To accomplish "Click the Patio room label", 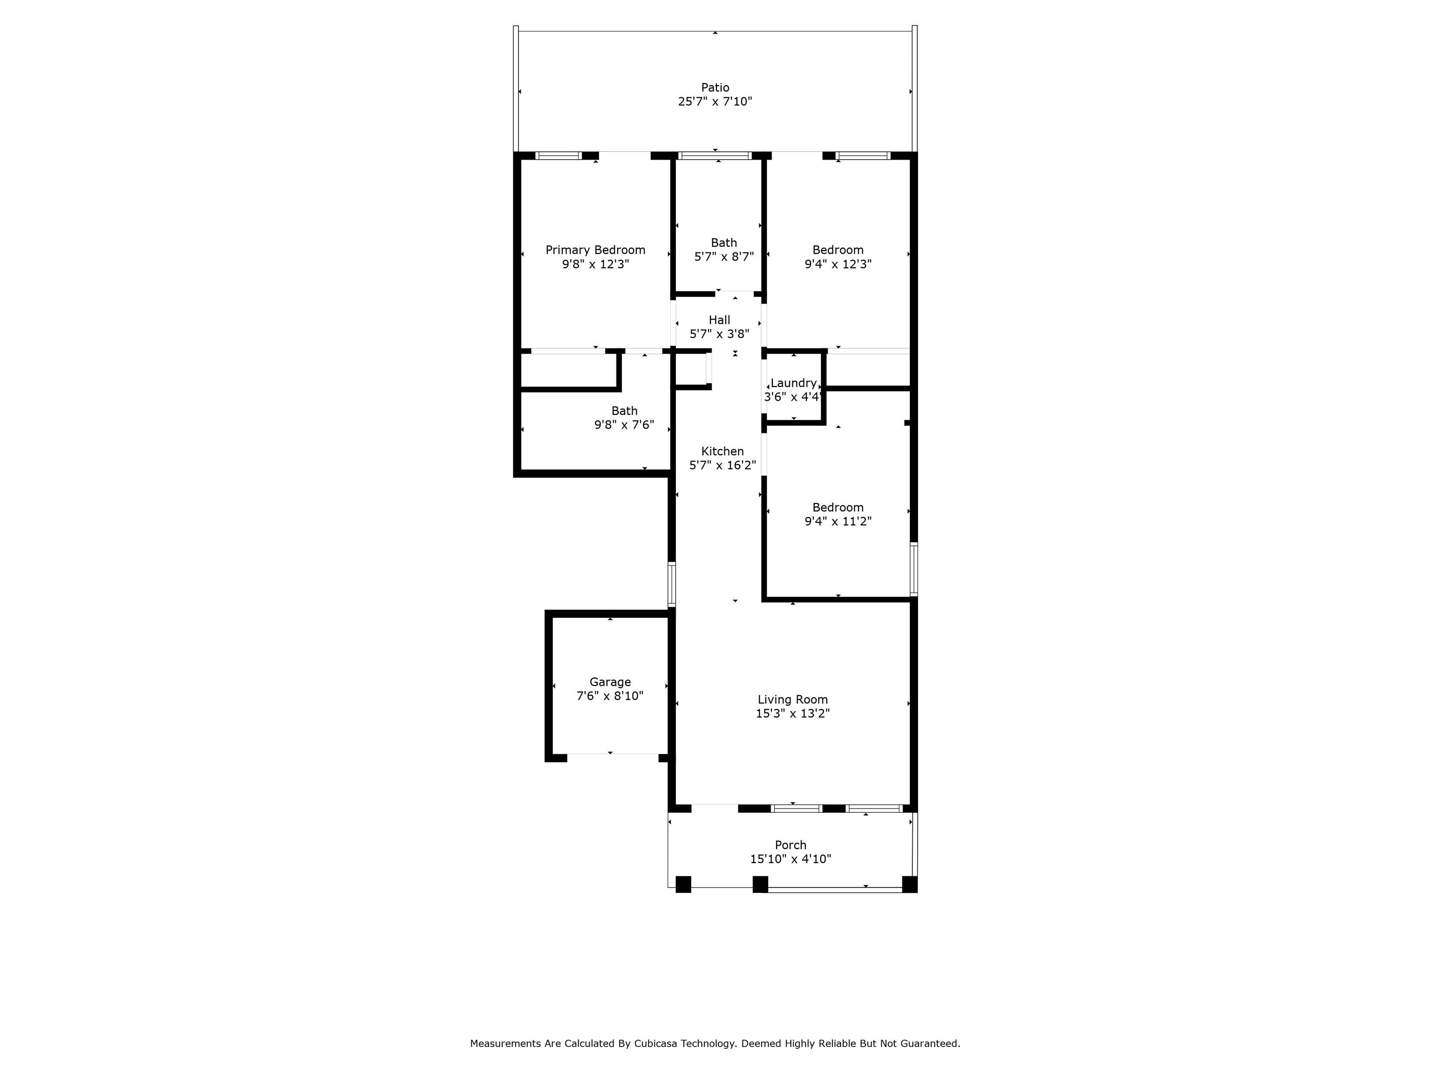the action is click(715, 87).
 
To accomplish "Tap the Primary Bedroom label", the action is click(595, 250).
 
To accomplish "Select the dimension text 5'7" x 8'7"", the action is click(724, 257).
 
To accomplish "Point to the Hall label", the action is click(719, 320).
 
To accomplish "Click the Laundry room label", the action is click(793, 383).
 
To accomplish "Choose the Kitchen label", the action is click(722, 451).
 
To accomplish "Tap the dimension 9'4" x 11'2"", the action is click(838, 521).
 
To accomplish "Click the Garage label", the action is click(610, 682).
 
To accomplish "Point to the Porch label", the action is click(790, 845).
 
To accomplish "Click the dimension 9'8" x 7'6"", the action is click(624, 425).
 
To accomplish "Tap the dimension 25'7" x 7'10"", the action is click(715, 102).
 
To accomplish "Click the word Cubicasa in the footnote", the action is click(657, 1007).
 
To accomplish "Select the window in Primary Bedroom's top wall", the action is click(559, 155).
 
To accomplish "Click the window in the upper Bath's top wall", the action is click(715, 155).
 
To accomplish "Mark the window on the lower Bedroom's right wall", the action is click(914, 569).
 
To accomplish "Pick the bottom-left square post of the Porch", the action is click(683, 884).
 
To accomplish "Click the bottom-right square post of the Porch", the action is click(910, 884).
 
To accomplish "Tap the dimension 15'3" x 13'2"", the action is click(792, 714).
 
